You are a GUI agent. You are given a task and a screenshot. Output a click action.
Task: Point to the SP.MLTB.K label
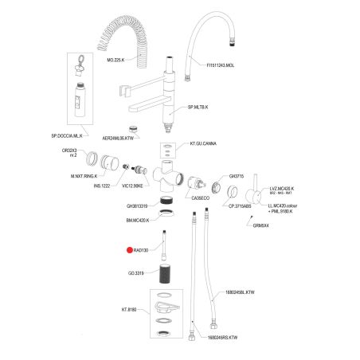pyautogui.click(x=198, y=106)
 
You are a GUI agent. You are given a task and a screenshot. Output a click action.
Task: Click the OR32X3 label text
pyautogui.click(x=70, y=150)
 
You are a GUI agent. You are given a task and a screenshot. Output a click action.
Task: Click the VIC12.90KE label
pyautogui.click(x=131, y=186)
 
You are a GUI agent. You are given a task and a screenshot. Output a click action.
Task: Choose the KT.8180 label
pyautogui.click(x=131, y=309)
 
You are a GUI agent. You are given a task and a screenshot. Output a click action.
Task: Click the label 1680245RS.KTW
pyautogui.click(x=222, y=337)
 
